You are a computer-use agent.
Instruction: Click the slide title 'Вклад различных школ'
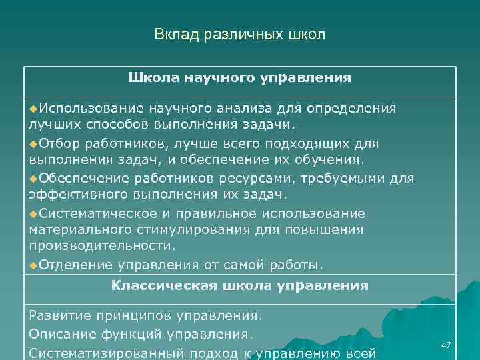tap(240, 34)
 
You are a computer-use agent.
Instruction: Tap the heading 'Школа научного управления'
tap(240, 78)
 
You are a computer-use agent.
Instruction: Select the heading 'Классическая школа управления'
tap(240, 285)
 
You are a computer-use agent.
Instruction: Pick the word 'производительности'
tap(101, 246)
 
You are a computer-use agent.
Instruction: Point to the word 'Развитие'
tap(61, 314)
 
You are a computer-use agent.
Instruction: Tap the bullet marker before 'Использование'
tap(33, 108)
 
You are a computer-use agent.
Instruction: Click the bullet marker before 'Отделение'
tap(33, 265)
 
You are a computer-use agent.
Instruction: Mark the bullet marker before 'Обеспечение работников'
tap(33, 179)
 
